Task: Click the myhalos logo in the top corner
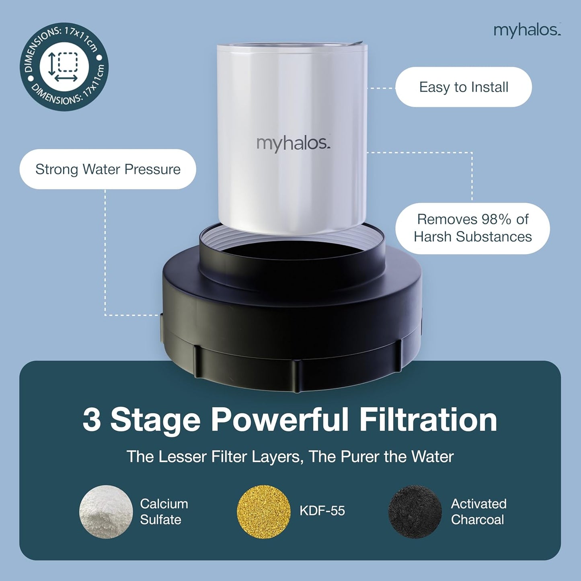pos(527,30)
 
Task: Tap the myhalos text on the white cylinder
pos(293,144)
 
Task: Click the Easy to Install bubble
pos(463,87)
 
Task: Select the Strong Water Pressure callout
pos(108,169)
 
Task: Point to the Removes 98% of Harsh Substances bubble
pos(472,228)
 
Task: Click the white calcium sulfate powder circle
pos(106,511)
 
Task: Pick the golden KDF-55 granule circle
pos(263,511)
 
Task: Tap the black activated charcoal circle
pos(415,511)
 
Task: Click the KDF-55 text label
pos(322,511)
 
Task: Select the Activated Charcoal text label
pos(478,511)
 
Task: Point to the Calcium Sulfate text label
pos(164,511)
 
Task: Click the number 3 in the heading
pos(92,420)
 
